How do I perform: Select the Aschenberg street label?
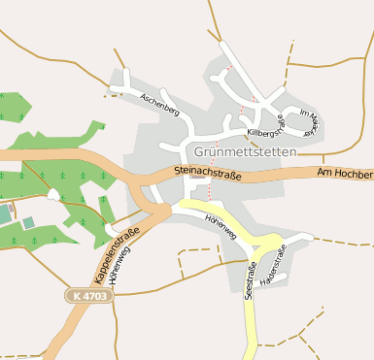click(160, 105)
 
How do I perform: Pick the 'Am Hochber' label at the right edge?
click(345, 174)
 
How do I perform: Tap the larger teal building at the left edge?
click(4, 213)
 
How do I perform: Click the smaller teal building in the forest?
click(29, 223)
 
